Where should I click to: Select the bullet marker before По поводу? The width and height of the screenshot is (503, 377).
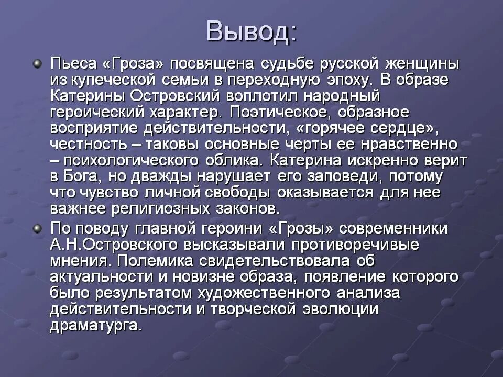pyautogui.click(x=37, y=228)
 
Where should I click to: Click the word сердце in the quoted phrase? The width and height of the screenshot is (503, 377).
pyautogui.click(x=403, y=129)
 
